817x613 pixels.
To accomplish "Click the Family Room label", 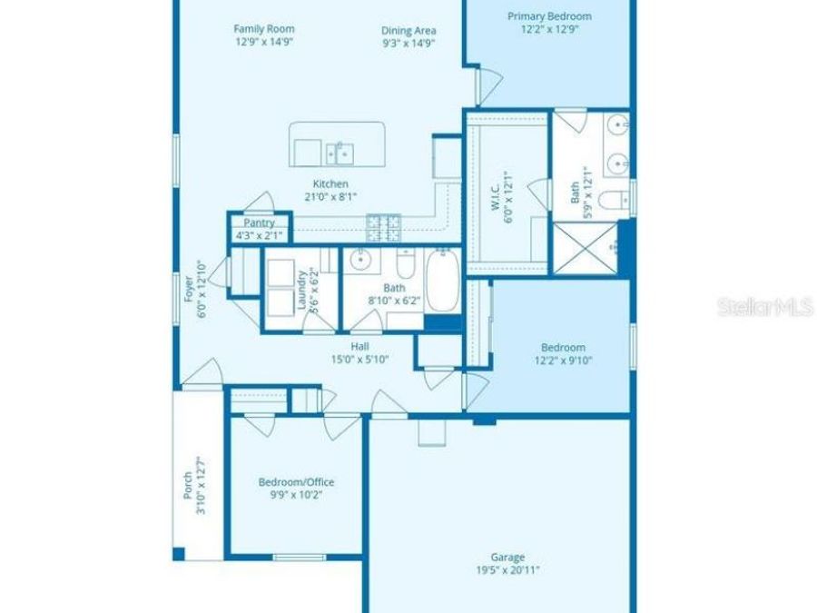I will (x=263, y=29).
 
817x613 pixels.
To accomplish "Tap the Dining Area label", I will (x=408, y=30).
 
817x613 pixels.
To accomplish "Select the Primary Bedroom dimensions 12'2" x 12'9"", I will (x=549, y=29).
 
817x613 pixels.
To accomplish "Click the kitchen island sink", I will (x=340, y=151).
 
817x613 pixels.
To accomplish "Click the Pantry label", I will (x=258, y=223).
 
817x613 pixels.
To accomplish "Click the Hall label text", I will (x=359, y=346).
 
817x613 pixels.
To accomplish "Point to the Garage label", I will (x=508, y=558).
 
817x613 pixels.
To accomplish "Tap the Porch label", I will (x=188, y=486).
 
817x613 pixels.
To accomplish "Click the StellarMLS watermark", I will (x=765, y=307).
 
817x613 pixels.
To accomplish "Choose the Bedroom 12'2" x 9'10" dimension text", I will (x=563, y=361).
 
